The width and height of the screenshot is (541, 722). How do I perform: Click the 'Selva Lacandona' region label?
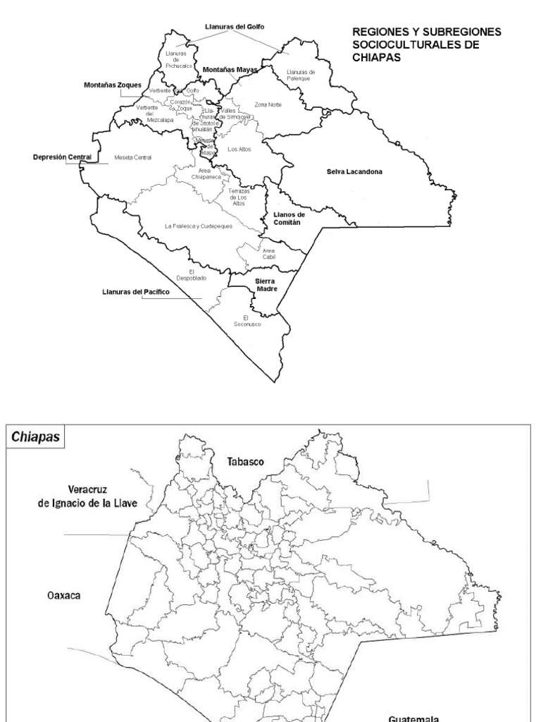(x=354, y=171)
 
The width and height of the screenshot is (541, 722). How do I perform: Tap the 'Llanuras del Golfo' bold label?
(x=235, y=26)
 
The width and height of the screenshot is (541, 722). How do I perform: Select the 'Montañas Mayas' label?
(x=230, y=70)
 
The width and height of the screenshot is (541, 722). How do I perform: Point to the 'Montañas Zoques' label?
(x=113, y=85)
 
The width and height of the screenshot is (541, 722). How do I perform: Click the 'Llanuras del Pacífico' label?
(x=135, y=290)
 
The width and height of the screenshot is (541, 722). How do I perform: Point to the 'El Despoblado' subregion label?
(x=197, y=275)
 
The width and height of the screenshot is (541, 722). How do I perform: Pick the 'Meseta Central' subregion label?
(x=132, y=157)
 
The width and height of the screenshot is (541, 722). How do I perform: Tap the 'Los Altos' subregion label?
(x=238, y=149)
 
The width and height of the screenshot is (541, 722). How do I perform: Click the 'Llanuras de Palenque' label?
(x=301, y=75)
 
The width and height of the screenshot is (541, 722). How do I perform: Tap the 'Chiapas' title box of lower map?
(x=35, y=436)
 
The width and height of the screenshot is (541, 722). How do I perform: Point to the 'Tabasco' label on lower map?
(x=245, y=462)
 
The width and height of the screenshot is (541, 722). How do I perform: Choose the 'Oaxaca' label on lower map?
(x=63, y=595)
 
